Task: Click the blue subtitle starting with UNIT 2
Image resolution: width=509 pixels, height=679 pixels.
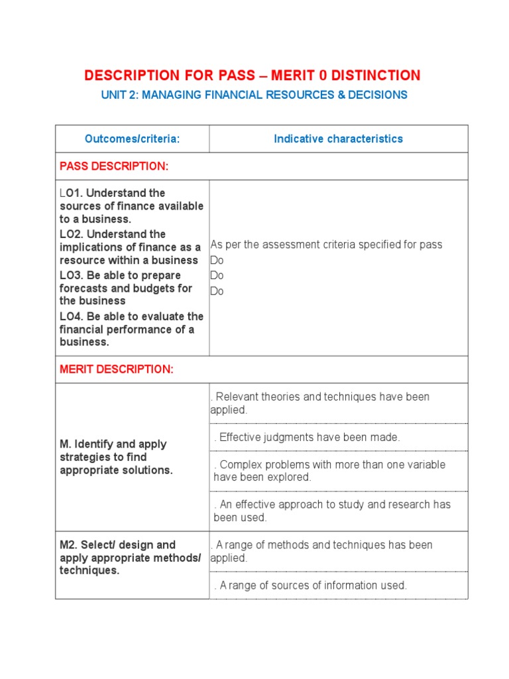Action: tap(254, 95)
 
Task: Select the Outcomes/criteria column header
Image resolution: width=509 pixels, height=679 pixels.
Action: tap(132, 139)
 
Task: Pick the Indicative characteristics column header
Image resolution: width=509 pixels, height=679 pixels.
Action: tap(338, 139)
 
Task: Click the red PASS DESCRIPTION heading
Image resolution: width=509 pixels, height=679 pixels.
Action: tap(114, 166)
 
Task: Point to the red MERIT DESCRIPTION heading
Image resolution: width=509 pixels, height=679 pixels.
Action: tap(117, 370)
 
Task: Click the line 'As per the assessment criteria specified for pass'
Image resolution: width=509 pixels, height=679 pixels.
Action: tap(326, 245)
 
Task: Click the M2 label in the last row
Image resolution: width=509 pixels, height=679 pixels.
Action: tap(69, 545)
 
